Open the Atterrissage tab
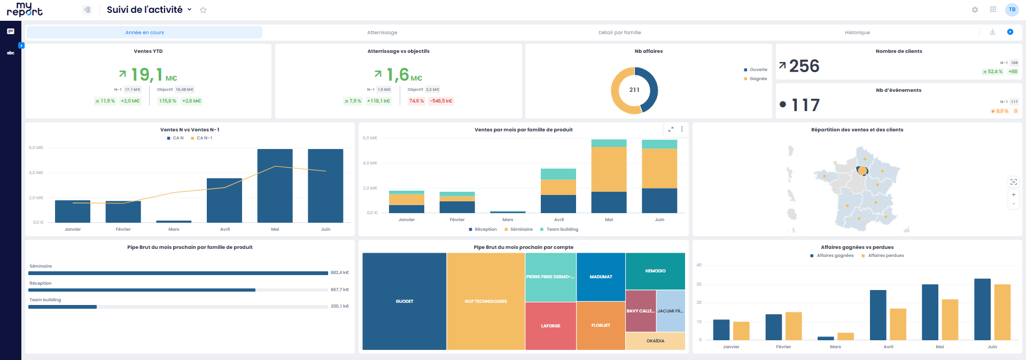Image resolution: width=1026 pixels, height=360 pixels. pos(382,33)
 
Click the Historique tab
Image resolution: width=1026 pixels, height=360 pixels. pos(857,33)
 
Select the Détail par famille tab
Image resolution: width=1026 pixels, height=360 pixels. pos(619,33)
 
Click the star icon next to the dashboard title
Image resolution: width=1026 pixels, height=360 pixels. pos(203,10)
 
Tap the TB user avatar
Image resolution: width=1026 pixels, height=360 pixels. pos(1012,10)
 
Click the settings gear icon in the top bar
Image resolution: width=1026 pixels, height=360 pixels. pos(975,10)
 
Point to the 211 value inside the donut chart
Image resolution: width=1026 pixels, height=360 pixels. pos(634,90)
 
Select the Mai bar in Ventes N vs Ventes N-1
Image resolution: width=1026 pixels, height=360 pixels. pos(275,187)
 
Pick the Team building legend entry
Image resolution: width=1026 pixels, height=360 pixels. pos(562,229)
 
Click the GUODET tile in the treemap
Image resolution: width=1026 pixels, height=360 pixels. pos(405,301)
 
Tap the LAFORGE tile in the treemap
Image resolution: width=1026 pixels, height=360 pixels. pos(550,326)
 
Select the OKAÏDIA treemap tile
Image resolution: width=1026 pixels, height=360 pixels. pos(655,341)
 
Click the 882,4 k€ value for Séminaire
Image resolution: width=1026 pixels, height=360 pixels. pos(339,273)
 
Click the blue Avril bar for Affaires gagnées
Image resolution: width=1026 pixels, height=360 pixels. pos(878,315)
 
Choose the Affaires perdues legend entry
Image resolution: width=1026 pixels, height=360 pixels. pos(885,255)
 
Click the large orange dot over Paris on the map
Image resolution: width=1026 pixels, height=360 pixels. pos(862,171)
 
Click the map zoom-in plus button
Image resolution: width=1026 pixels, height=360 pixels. pos(1013,194)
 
